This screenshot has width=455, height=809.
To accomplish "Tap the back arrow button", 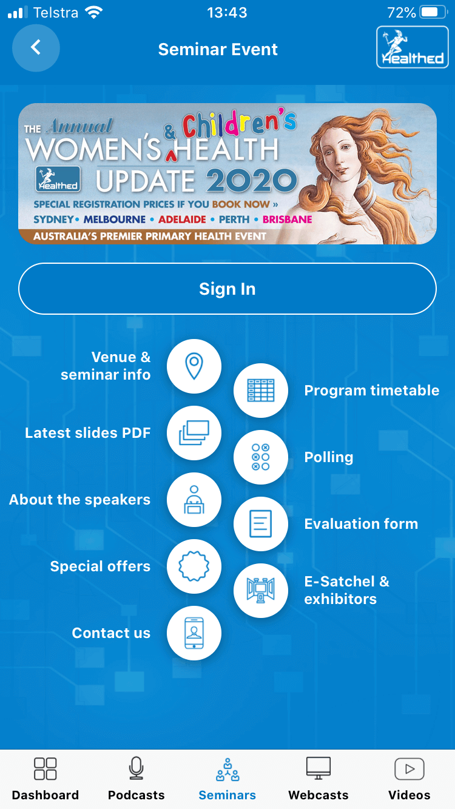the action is tap(36, 48).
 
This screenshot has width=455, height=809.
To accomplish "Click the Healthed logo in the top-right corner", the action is tap(413, 47).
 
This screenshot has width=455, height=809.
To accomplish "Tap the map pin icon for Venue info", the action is tap(194, 366).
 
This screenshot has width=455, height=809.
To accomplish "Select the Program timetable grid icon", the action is tap(261, 391).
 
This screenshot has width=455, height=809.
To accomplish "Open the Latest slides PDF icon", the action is tap(194, 432).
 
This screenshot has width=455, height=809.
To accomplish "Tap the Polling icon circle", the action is tap(261, 457).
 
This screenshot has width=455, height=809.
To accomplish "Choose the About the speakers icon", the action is tap(194, 500).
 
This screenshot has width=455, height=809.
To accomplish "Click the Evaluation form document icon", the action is tap(261, 524).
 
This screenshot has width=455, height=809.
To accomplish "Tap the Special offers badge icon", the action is tap(194, 566).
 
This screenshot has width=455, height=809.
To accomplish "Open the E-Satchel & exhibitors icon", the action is tap(261, 591).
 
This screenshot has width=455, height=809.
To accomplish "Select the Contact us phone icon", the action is tap(194, 633).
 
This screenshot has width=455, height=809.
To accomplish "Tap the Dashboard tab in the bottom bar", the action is tap(45, 778).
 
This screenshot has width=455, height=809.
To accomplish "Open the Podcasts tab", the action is tap(136, 778).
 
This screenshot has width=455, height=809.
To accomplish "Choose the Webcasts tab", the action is tap(318, 778).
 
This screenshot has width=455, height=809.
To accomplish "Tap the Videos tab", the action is tap(409, 778).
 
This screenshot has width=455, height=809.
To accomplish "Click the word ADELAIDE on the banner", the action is tap(182, 219).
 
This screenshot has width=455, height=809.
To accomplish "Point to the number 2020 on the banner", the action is tap(252, 180).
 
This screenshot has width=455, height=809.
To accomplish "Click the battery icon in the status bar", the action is tap(434, 12).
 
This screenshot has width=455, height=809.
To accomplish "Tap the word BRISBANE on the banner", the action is tap(288, 219).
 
